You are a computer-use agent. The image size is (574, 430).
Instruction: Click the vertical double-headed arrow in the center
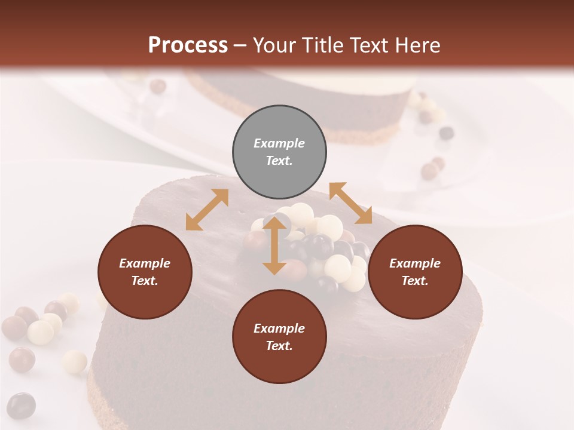coord(274,245)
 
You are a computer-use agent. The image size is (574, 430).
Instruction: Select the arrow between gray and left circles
coord(207,210)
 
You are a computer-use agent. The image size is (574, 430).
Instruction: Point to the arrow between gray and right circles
coord(350,203)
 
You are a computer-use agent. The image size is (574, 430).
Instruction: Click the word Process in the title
coord(188,45)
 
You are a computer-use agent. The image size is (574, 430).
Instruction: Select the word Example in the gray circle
coord(279,143)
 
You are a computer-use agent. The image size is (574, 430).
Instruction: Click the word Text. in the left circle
coord(145,281)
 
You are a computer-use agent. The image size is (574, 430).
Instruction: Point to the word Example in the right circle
coord(415,263)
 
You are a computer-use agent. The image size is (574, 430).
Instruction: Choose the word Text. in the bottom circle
coord(279,346)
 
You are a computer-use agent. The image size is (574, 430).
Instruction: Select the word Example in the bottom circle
coord(279,328)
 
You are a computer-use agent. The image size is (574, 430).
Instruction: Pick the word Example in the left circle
coord(145,263)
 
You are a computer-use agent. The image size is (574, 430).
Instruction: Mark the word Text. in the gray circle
coord(279,161)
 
